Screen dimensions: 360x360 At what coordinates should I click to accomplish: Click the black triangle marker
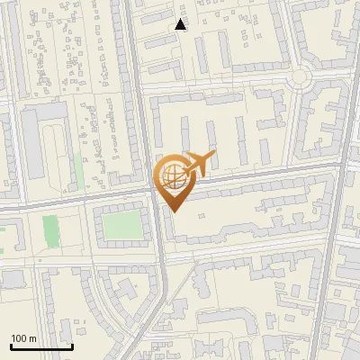[x=181, y=24]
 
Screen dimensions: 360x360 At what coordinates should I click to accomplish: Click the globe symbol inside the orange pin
[x=172, y=176]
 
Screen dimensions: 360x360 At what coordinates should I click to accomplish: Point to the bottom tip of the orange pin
[x=173, y=211]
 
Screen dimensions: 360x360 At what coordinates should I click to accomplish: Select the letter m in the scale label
[x=33, y=338]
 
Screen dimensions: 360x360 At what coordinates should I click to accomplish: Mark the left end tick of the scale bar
[x=11, y=346]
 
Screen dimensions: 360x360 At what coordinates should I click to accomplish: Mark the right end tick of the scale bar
[x=72, y=346]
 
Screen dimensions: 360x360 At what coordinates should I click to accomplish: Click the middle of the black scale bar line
[x=41, y=347]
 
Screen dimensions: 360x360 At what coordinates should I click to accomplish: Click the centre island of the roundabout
[x=299, y=77]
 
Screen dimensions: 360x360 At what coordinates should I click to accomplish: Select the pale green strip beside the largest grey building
[x=78, y=171]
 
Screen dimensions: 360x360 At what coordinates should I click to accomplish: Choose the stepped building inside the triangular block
[x=121, y=306]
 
